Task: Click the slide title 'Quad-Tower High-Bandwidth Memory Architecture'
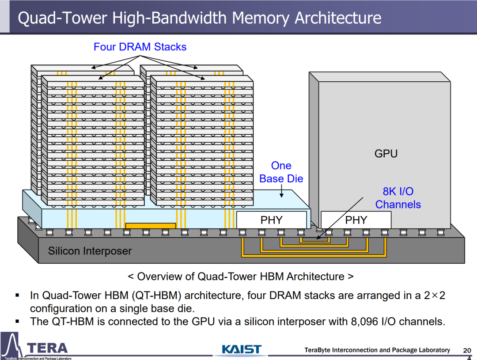pyautogui.click(x=200, y=18)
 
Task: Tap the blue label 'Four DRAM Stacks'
pyautogui.click(x=140, y=47)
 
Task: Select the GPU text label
pyautogui.click(x=386, y=154)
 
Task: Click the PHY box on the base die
pyautogui.click(x=271, y=220)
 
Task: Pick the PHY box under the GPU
pyautogui.click(x=356, y=220)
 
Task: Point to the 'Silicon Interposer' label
pyautogui.click(x=90, y=251)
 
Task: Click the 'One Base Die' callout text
pyautogui.click(x=281, y=172)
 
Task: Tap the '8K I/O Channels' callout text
pyautogui.click(x=398, y=198)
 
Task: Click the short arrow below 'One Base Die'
pyautogui.click(x=281, y=191)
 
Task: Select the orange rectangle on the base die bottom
pyautogui.click(x=151, y=226)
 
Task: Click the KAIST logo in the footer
pyautogui.click(x=242, y=349)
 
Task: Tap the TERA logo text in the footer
pyautogui.click(x=47, y=348)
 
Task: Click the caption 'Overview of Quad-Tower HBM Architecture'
pyautogui.click(x=241, y=277)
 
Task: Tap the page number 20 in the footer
pyautogui.click(x=467, y=350)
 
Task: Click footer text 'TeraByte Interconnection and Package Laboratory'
pyautogui.click(x=377, y=350)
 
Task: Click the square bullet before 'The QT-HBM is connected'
pyautogui.click(x=17, y=321)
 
